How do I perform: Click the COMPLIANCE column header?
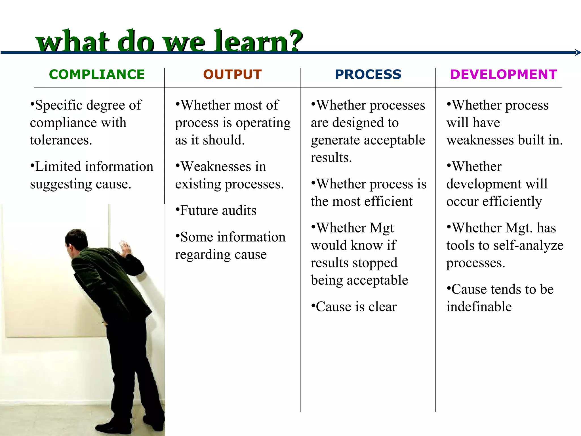coord(97,74)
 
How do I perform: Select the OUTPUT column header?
coord(232,74)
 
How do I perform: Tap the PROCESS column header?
coord(368,74)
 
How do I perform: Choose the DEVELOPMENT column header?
coord(504,74)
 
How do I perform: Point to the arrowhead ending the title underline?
coord(578,52)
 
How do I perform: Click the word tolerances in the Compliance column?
coord(61,140)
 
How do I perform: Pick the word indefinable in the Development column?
coord(479,307)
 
